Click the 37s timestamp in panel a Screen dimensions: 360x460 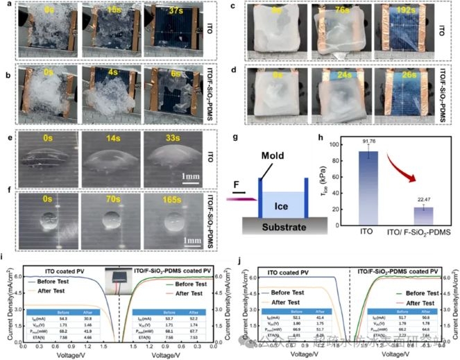click(x=178, y=12)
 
